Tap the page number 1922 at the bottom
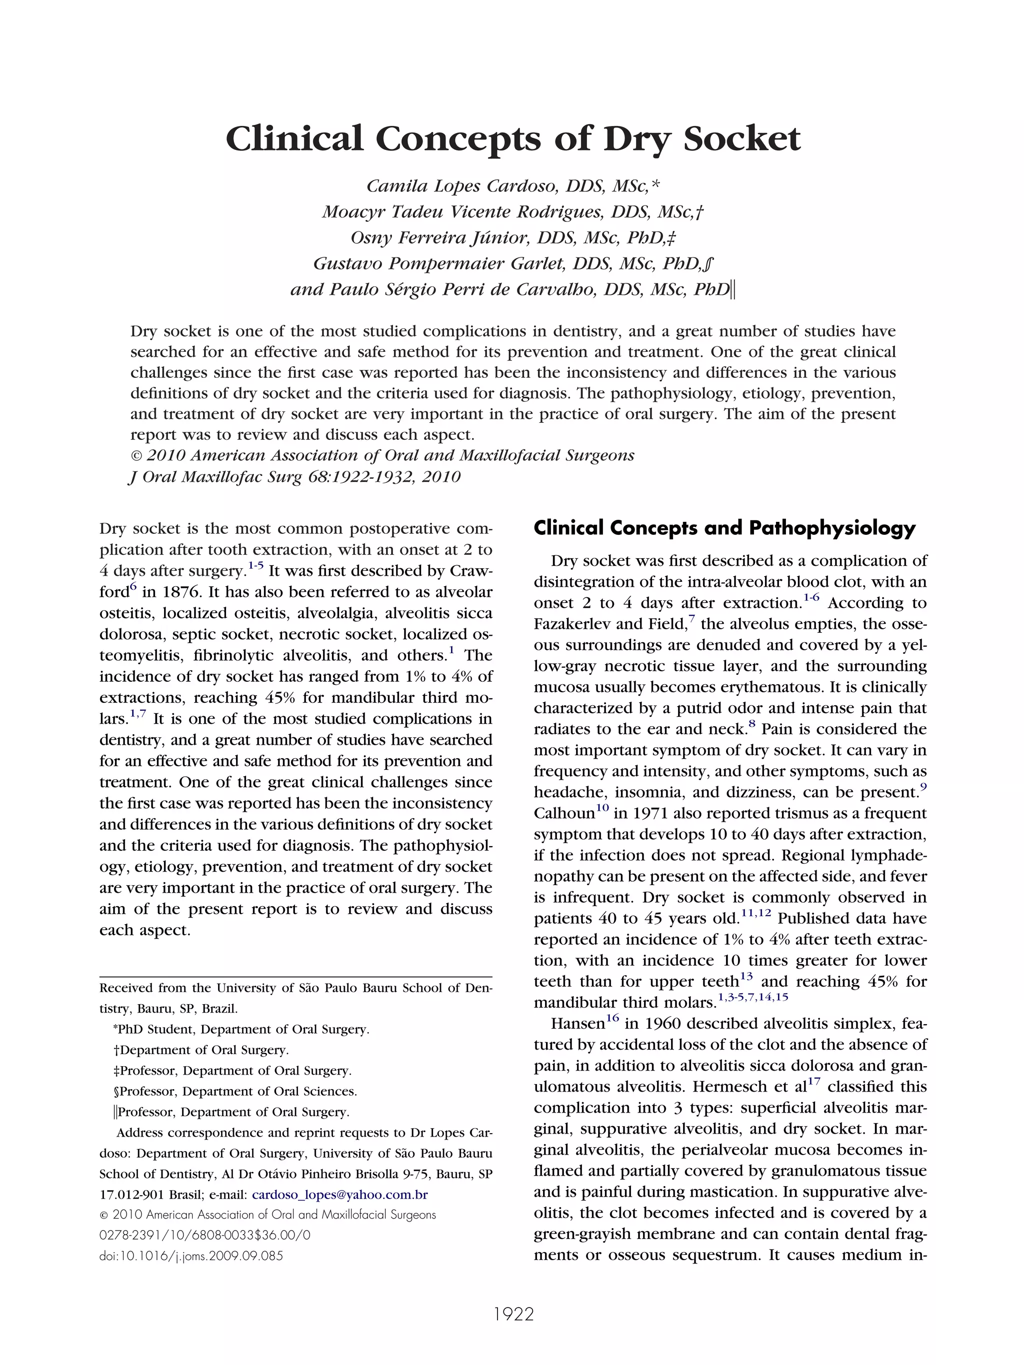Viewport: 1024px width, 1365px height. (513, 1314)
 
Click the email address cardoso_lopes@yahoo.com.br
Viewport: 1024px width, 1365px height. (340, 1194)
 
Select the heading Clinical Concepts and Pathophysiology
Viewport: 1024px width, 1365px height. (724, 528)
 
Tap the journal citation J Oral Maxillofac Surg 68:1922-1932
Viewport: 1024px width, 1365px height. (294, 476)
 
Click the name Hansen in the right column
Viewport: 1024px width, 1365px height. (577, 1024)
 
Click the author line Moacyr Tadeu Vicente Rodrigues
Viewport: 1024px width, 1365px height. (512, 211)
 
